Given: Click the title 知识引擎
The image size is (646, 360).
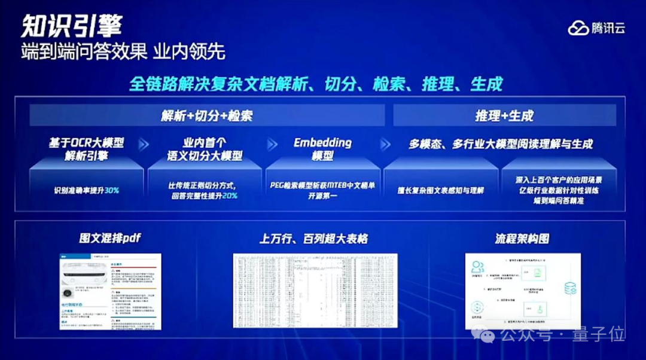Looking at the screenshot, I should [x=72, y=26].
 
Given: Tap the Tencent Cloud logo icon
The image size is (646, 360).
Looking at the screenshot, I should [x=578, y=28].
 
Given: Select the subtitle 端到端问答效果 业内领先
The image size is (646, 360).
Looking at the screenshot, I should [x=123, y=51].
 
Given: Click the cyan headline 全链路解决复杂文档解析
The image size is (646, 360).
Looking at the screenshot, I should [x=316, y=84].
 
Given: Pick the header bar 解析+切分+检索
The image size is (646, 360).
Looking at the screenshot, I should [x=207, y=115].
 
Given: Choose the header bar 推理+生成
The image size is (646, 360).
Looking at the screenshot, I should [x=504, y=115].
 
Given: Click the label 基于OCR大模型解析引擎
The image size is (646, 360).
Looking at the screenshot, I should [x=86, y=150].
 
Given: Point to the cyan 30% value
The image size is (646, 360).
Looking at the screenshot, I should [x=112, y=190].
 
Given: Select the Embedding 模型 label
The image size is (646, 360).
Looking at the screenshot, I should [x=322, y=150].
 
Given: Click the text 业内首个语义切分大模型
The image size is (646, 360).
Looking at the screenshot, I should [x=205, y=150].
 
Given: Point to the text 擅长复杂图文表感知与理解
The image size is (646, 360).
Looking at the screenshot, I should [x=440, y=191].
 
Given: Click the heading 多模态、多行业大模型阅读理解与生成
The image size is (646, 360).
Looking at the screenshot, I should [x=501, y=144].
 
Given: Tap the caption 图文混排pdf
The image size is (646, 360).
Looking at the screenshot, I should [x=110, y=238].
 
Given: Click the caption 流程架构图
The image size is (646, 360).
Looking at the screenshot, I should [x=522, y=239].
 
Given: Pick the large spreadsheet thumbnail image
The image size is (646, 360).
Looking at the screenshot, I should [x=315, y=290].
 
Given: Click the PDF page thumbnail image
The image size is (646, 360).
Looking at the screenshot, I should [x=110, y=291].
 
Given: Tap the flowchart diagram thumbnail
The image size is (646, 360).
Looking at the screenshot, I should [x=522, y=290].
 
